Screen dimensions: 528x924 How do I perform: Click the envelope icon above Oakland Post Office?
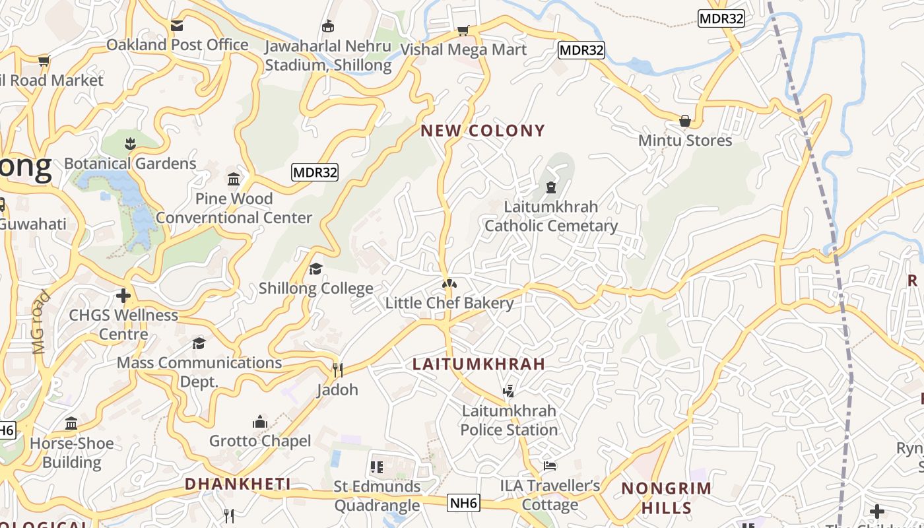point(177,26)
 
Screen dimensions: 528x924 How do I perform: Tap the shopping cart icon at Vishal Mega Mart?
point(463,30)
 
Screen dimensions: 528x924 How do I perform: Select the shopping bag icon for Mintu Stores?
point(685,121)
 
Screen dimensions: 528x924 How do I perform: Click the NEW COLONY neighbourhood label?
point(483,131)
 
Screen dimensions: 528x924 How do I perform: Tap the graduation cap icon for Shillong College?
point(315,269)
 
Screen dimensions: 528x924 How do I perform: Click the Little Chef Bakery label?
point(449,303)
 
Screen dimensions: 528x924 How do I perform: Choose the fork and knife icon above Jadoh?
point(337,370)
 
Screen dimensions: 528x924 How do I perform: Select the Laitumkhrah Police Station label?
point(509,420)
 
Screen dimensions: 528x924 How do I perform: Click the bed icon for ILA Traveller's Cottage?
point(550,466)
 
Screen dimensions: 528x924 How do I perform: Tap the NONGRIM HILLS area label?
point(667,498)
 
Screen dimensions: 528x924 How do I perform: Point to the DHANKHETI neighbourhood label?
point(238,484)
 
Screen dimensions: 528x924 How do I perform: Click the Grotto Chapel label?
point(260,441)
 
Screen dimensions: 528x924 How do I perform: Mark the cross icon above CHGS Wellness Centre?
point(123,296)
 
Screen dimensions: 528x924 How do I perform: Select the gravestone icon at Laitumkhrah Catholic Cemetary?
point(550,187)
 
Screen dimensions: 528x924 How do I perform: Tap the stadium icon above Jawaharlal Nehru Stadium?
point(328,26)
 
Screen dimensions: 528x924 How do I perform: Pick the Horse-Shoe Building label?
point(72,453)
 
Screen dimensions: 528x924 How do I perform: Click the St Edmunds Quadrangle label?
point(377,496)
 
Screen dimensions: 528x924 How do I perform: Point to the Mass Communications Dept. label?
point(199,372)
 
